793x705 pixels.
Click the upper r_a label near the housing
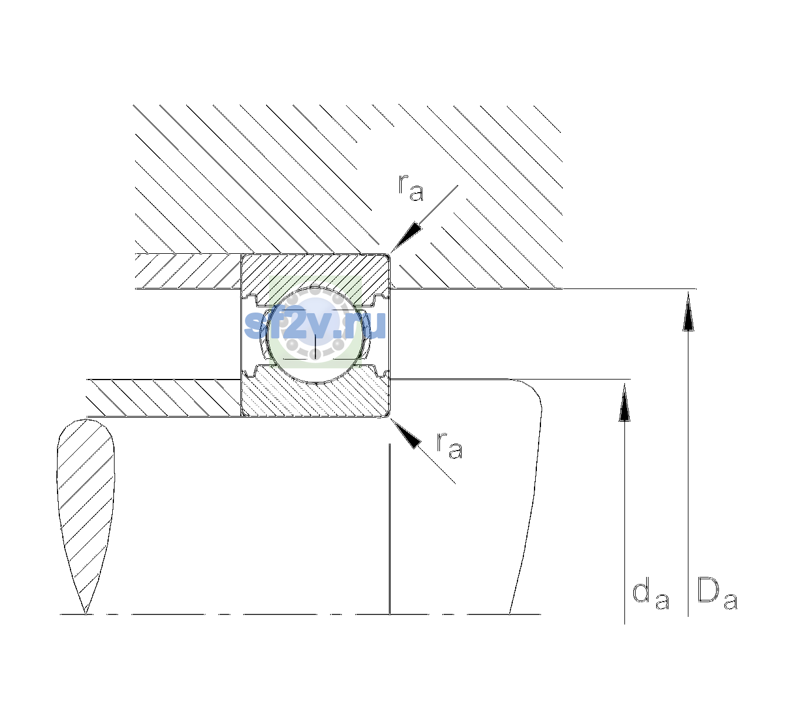click(411, 187)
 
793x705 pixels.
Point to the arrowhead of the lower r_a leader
click(405, 434)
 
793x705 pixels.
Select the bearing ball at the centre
click(315, 335)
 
